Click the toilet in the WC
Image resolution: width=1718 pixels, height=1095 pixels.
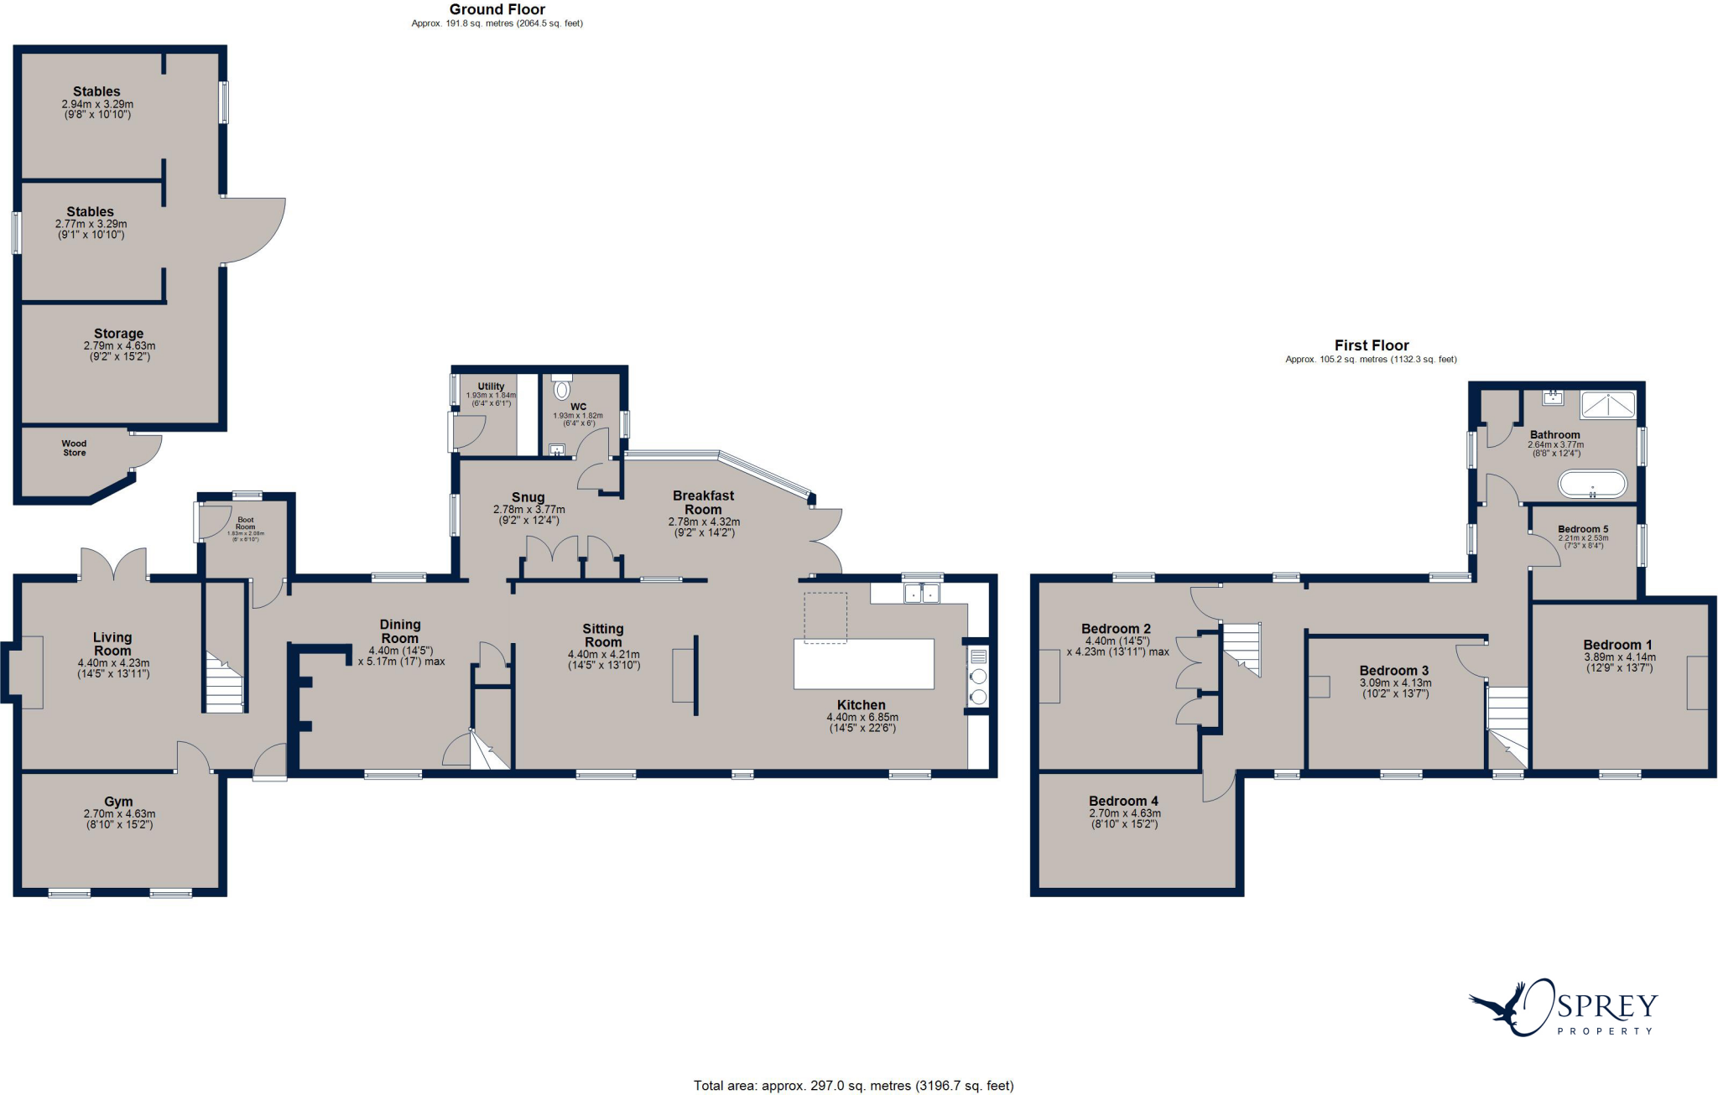coord(562,389)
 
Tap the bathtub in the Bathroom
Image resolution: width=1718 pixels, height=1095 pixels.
coord(1591,484)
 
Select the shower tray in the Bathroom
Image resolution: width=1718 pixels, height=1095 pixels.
coord(1607,405)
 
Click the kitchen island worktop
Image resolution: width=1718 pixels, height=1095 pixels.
coord(863,663)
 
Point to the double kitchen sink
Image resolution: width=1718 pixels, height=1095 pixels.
coord(921,594)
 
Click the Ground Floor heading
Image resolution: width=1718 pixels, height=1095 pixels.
coord(497,9)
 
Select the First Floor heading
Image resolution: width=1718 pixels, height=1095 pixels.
coord(1371,345)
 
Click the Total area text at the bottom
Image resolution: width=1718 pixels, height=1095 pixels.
coord(853,1086)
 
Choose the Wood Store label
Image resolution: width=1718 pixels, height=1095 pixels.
coord(74,448)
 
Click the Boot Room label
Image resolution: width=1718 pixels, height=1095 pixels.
coord(245,523)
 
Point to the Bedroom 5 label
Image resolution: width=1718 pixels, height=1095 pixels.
coord(1582,529)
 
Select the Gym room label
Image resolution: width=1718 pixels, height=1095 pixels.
coord(118,802)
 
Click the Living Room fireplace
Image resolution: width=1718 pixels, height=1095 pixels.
coord(30,672)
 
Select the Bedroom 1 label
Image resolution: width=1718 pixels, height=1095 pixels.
coord(1617,645)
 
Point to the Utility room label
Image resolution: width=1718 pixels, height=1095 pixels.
coord(491,387)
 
